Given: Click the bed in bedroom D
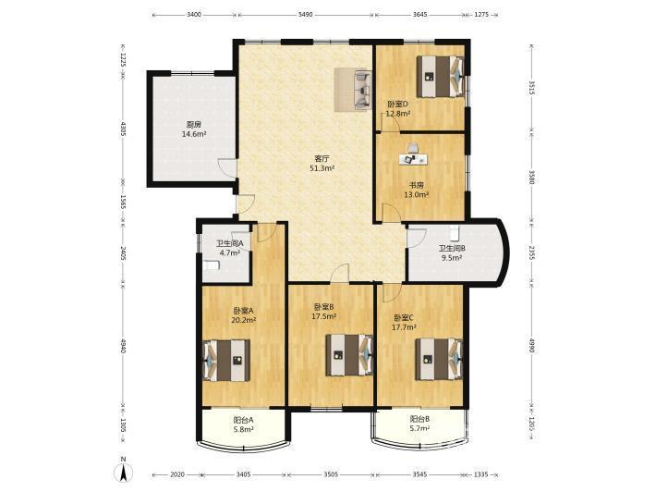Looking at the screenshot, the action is click(x=440, y=77).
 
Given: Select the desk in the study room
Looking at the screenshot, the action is click(x=413, y=159).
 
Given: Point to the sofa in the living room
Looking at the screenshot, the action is click(x=363, y=90).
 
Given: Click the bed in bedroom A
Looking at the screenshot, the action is click(x=226, y=360).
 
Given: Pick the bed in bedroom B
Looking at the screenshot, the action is click(x=349, y=354).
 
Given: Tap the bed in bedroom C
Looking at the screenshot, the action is click(x=439, y=359).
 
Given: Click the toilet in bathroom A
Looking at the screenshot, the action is click(x=212, y=265).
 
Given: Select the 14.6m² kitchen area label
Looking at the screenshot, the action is click(x=194, y=134).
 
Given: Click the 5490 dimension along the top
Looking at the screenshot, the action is click(x=306, y=15).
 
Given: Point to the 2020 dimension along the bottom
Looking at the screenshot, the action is click(x=177, y=474).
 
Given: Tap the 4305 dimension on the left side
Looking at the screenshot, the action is click(x=123, y=129).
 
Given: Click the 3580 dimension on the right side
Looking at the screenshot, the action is click(x=531, y=177).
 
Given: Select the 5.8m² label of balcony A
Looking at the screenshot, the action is click(x=244, y=429).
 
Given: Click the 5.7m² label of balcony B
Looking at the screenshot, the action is click(x=420, y=428).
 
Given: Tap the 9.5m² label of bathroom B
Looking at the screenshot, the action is click(x=452, y=258).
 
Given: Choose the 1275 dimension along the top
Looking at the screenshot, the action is click(x=481, y=15).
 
